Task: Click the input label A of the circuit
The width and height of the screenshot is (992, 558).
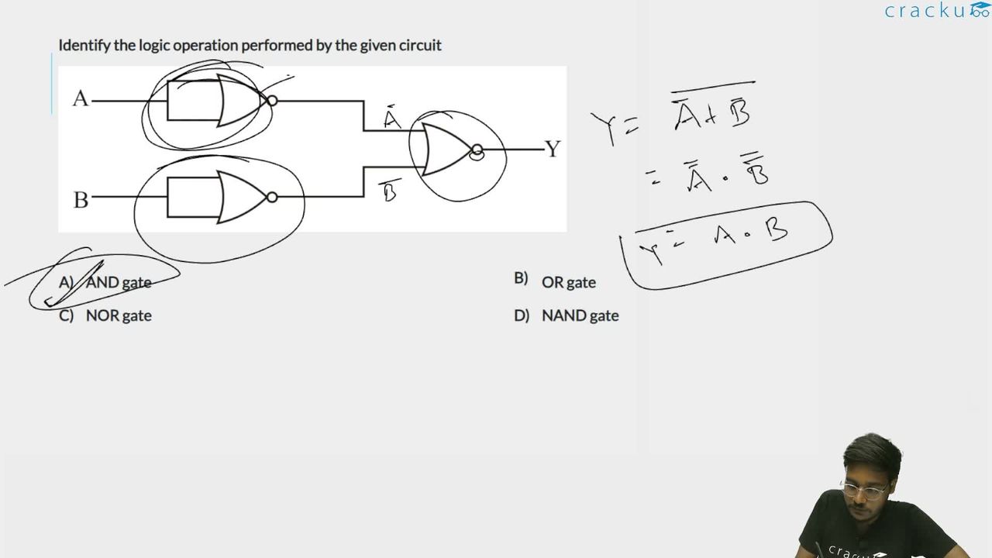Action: (x=80, y=98)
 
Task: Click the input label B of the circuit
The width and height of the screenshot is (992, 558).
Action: (x=81, y=200)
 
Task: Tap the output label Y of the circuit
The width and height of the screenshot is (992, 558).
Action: (x=553, y=149)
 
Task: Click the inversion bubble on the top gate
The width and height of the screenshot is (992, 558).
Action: (x=272, y=101)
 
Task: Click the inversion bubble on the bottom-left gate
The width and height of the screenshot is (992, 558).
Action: (x=272, y=197)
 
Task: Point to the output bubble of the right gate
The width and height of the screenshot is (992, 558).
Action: (x=477, y=150)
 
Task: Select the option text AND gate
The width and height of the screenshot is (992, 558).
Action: (x=119, y=282)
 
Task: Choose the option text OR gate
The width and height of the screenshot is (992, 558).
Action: (x=569, y=282)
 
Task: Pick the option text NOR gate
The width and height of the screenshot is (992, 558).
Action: (x=119, y=315)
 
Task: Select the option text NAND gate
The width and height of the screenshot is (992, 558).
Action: (x=580, y=315)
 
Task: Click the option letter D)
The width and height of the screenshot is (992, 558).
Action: (x=522, y=315)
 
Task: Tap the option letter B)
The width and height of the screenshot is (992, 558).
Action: (x=521, y=278)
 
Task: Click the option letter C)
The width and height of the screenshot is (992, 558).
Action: (x=66, y=315)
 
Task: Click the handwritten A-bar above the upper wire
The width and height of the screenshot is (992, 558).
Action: (x=392, y=117)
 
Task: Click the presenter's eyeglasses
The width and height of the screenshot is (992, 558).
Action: (x=864, y=491)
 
